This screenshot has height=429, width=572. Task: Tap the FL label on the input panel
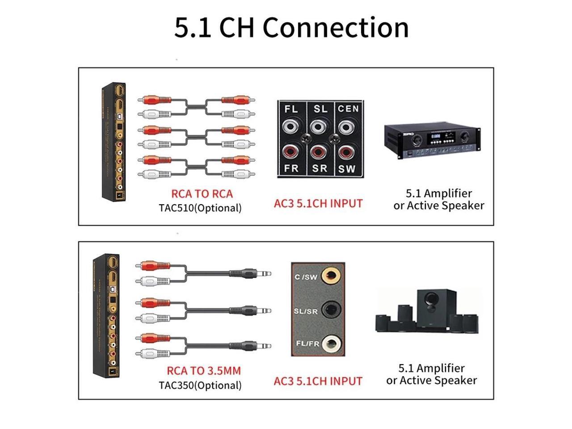pyautogui.click(x=291, y=109)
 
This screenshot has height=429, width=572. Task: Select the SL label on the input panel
pyautogui.click(x=320, y=109)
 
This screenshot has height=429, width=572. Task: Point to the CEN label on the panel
pyautogui.click(x=348, y=109)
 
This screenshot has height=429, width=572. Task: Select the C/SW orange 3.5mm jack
pyautogui.click(x=331, y=276)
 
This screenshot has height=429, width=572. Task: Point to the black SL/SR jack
pyautogui.click(x=331, y=309)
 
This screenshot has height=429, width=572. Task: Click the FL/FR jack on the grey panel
pyautogui.click(x=331, y=343)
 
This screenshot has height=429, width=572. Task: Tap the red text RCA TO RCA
pyautogui.click(x=202, y=194)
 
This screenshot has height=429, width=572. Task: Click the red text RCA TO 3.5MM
pyautogui.click(x=204, y=371)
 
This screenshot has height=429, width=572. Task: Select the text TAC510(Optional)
pyautogui.click(x=200, y=208)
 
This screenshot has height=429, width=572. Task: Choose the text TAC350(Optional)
pyautogui.click(x=200, y=385)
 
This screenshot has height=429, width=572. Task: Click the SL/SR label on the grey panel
pyautogui.click(x=306, y=311)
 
